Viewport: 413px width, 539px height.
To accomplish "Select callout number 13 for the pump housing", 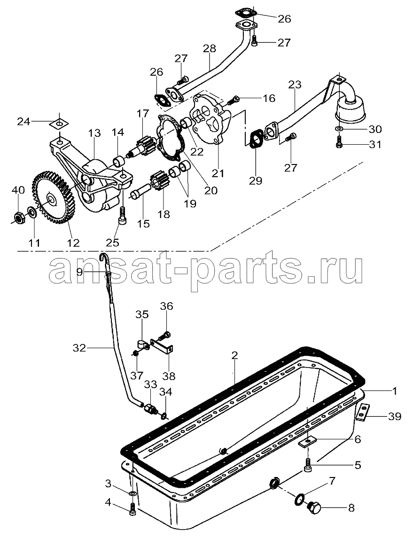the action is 94,133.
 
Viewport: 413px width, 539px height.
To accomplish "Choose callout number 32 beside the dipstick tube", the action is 79,348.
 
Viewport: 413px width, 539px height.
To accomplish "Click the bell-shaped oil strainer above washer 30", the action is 351,109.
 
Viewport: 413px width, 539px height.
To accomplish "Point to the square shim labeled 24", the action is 60,123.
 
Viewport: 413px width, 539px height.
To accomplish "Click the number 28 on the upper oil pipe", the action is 210,48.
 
